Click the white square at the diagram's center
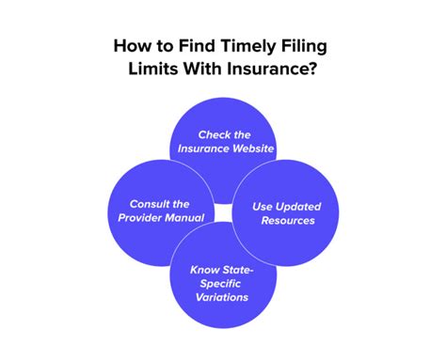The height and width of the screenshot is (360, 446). point(223,211)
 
